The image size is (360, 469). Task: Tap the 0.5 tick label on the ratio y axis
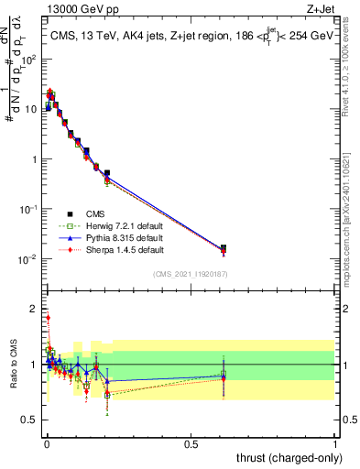pyautogui.click(x=28, y=420)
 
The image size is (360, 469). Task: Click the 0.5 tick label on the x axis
pyautogui.click(x=191, y=444)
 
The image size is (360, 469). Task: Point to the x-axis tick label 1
pyautogui.click(x=336, y=444)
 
